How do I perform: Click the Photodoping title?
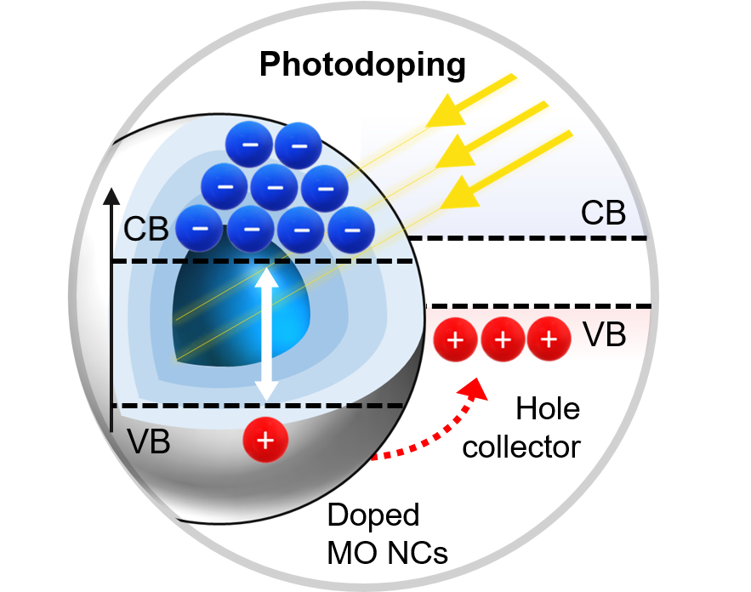pyautogui.click(x=362, y=65)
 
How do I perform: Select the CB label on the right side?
pyautogui.click(x=603, y=213)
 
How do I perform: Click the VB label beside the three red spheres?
pyautogui.click(x=605, y=336)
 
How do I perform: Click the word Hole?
pyautogui.click(x=548, y=410)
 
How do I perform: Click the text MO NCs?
pyautogui.click(x=387, y=554)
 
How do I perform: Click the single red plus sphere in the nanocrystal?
pyautogui.click(x=265, y=441)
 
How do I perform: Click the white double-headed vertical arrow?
pyautogui.click(x=267, y=334)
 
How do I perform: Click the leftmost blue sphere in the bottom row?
pyautogui.click(x=200, y=229)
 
